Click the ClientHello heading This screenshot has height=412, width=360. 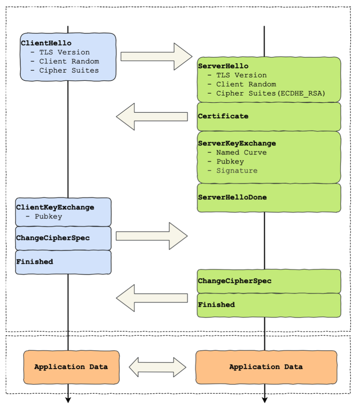click(x=46, y=43)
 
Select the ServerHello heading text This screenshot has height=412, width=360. click(x=223, y=66)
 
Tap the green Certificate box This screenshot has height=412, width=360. click(x=269, y=116)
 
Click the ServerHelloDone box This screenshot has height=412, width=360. click(x=269, y=198)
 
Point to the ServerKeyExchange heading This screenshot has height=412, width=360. click(x=237, y=143)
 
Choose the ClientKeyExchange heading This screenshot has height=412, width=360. click(x=55, y=207)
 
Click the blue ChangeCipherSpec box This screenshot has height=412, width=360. click(x=63, y=238)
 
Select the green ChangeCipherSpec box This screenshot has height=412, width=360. click(x=269, y=281)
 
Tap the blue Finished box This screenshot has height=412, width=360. click(x=63, y=262)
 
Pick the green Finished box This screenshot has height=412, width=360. click(x=269, y=305)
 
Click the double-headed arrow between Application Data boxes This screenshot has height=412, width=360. click(x=158, y=367)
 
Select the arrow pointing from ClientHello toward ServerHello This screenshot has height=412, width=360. click(x=156, y=56)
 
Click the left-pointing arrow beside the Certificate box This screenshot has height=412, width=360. click(x=152, y=116)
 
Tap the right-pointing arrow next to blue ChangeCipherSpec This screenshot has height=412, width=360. click(x=152, y=236)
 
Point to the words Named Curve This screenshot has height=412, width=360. click(x=241, y=152)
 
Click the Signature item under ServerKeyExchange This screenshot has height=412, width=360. click(x=237, y=171)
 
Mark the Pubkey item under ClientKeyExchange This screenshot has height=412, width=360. click(x=48, y=217)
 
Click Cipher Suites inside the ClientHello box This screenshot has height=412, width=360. click(x=69, y=70)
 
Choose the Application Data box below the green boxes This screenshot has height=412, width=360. click(x=267, y=367)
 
